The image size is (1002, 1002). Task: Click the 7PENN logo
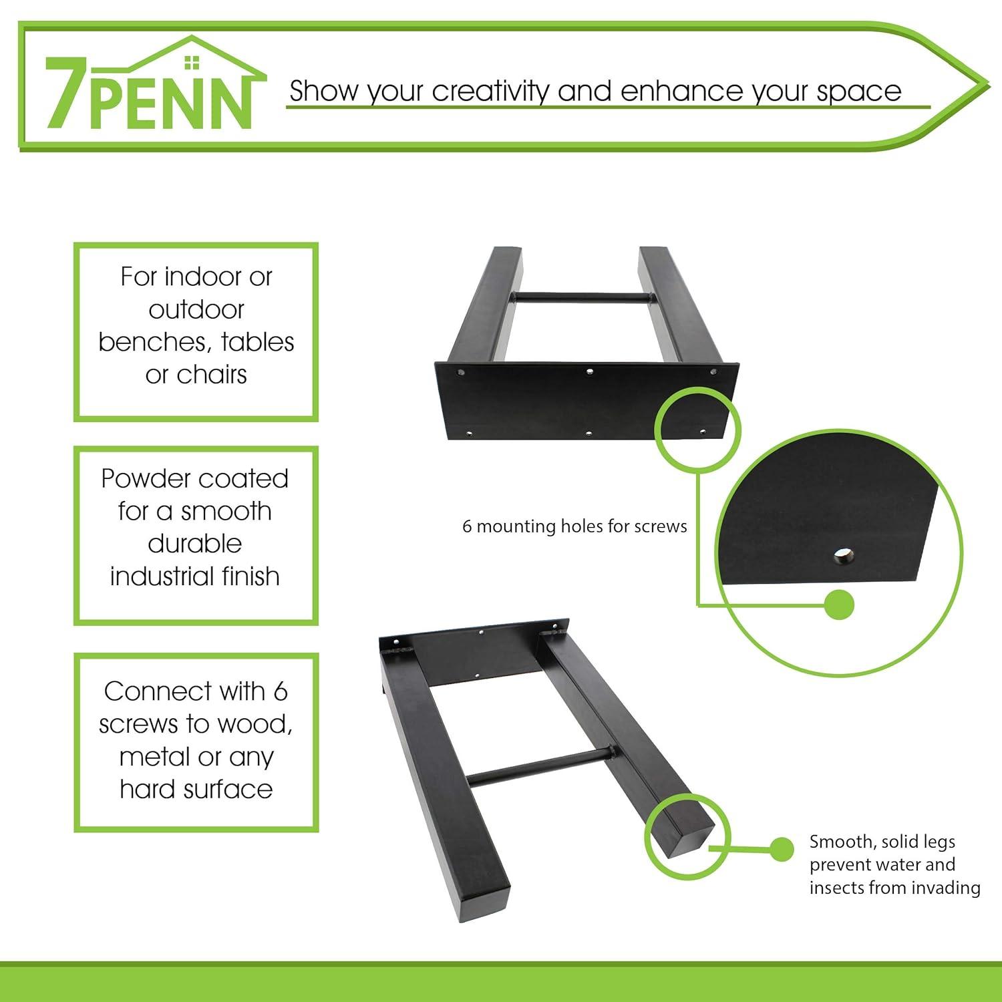[x=153, y=83]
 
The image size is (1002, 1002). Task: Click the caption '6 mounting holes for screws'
[x=574, y=526]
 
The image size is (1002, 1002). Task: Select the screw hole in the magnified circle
[x=844, y=554]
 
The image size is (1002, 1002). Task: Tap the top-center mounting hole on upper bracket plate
[x=589, y=371]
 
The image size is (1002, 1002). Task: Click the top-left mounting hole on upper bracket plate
[x=461, y=371]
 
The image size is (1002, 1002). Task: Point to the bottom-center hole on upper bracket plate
[x=589, y=434]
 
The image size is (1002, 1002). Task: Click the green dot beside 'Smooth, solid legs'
[x=781, y=849]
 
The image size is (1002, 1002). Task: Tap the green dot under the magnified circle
[x=840, y=606]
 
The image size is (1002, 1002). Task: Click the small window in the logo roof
[x=192, y=62]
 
